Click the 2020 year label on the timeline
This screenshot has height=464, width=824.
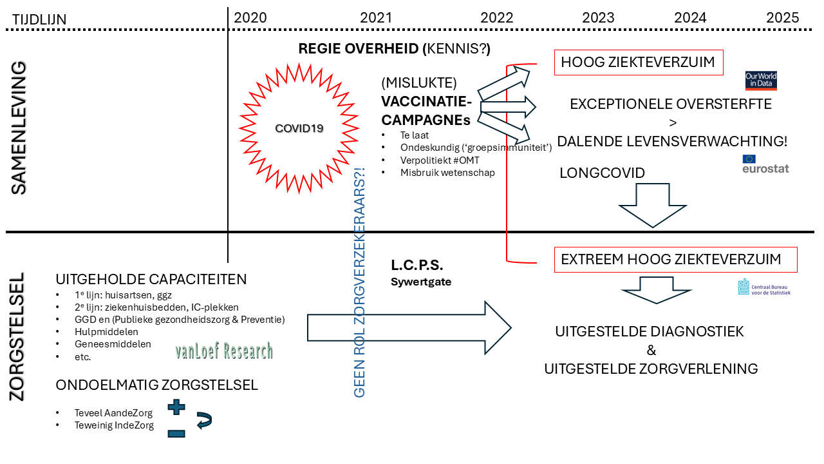click(x=250, y=17)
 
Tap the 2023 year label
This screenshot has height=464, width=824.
click(x=598, y=17)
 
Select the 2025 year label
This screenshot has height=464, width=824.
click(x=782, y=17)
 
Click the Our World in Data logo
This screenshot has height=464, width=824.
click(x=761, y=81)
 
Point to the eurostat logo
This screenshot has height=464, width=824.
click(x=765, y=164)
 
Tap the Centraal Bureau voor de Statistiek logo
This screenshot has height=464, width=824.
click(x=764, y=287)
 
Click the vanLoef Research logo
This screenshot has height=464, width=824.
click(x=224, y=351)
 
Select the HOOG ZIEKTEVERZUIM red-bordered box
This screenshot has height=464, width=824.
click(x=639, y=63)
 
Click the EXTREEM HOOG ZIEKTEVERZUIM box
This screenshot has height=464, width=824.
click(x=675, y=259)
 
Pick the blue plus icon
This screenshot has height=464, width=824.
click(x=176, y=407)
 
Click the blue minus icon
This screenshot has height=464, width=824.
click(x=176, y=433)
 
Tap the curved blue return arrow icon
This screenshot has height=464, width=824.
click(x=203, y=420)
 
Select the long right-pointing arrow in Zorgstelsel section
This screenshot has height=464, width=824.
click(x=409, y=328)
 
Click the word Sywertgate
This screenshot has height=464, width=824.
click(x=422, y=282)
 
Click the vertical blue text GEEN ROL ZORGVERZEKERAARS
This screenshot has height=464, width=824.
click(x=359, y=282)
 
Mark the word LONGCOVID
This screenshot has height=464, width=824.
click(x=602, y=173)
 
